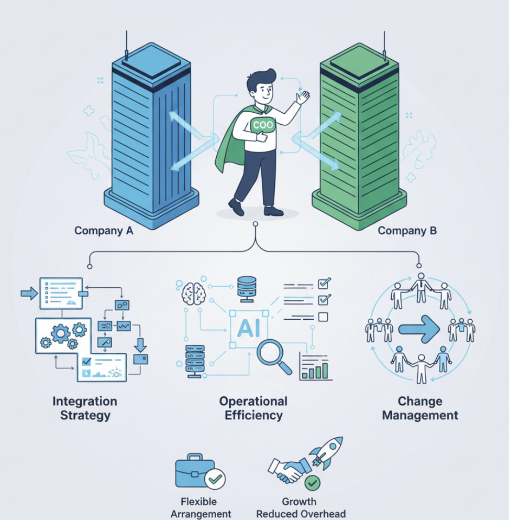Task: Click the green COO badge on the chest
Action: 262,126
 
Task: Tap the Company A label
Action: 104,231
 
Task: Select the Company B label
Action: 407,231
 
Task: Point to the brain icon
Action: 194,292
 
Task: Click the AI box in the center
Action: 249,328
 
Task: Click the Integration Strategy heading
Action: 85,408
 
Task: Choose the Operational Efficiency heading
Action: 253,408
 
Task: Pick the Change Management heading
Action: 420,408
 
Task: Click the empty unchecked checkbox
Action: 323,317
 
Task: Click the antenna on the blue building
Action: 126,42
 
